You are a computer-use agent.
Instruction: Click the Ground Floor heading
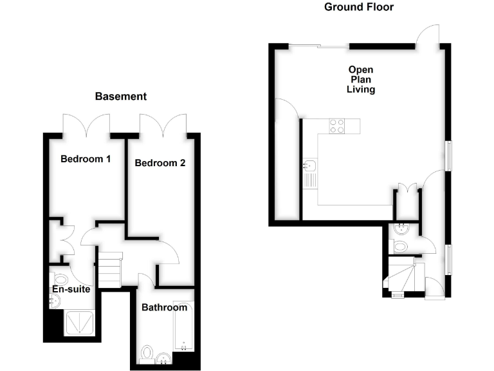pyautogui.click(x=358, y=7)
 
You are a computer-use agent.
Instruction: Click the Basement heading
pyautogui.click(x=121, y=97)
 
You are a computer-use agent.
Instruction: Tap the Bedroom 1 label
pyautogui.click(x=85, y=158)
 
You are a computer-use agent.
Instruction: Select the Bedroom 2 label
pyautogui.click(x=160, y=164)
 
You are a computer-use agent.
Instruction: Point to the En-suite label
pyautogui.click(x=71, y=289)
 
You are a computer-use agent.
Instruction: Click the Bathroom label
pyautogui.click(x=164, y=308)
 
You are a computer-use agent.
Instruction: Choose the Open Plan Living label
pyautogui.click(x=361, y=79)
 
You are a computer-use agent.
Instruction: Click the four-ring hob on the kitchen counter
pyautogui.click(x=337, y=126)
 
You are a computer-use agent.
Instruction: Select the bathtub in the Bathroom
pyautogui.click(x=184, y=327)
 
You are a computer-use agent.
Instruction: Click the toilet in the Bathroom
pyautogui.click(x=147, y=354)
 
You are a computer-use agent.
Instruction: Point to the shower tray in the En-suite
pyautogui.click(x=80, y=324)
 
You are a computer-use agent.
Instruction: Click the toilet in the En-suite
pyautogui.click(x=61, y=280)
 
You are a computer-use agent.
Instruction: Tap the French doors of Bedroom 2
pyautogui.click(x=163, y=124)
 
